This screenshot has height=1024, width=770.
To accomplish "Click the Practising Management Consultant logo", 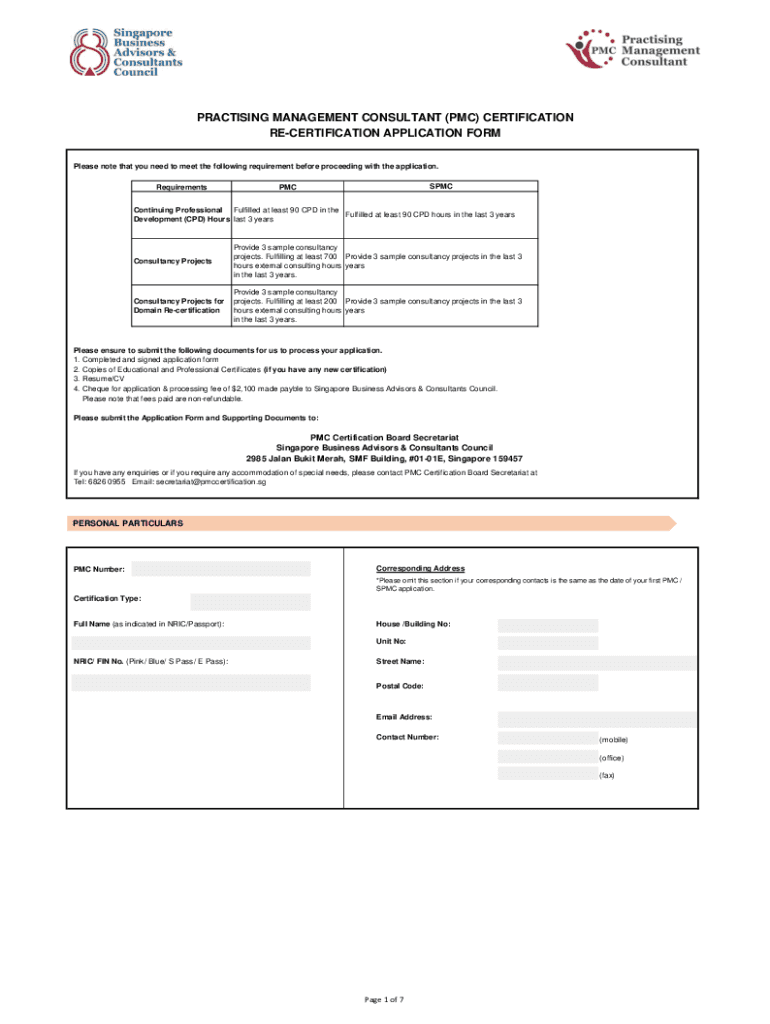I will (x=632, y=46).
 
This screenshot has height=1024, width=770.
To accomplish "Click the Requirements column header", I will (x=181, y=187).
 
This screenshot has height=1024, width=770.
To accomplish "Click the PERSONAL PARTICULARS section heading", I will (x=127, y=523).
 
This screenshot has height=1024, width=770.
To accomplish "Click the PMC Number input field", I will (x=221, y=569).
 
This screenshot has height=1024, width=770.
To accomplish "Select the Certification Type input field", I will (x=250, y=601).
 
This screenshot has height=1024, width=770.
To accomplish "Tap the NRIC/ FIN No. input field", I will (x=190, y=683).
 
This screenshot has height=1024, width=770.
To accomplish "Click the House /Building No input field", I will (x=547, y=625).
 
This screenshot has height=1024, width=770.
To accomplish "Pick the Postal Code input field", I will (x=547, y=683).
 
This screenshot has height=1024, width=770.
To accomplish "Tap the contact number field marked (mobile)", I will (x=547, y=738).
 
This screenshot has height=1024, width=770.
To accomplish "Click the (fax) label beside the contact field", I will (x=607, y=776).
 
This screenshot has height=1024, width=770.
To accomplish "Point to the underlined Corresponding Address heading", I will (x=420, y=569).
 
